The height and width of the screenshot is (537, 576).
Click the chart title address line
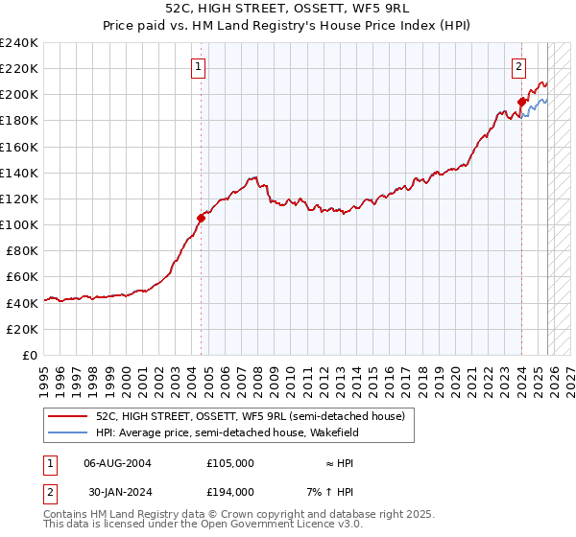point(288,8)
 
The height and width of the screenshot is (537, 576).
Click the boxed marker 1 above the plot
point(198,66)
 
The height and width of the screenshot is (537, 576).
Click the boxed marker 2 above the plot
point(518,66)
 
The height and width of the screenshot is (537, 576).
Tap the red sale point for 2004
point(202,218)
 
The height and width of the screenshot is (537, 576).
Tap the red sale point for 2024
point(521,102)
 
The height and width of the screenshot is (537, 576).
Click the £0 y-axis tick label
point(29,355)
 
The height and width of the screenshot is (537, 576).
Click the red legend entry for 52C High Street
point(250,416)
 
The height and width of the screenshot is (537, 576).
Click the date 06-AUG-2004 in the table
point(117,462)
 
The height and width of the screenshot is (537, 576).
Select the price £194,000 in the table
point(230,491)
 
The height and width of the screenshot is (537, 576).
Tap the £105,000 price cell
point(230,462)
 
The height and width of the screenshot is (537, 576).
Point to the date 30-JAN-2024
point(117,491)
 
